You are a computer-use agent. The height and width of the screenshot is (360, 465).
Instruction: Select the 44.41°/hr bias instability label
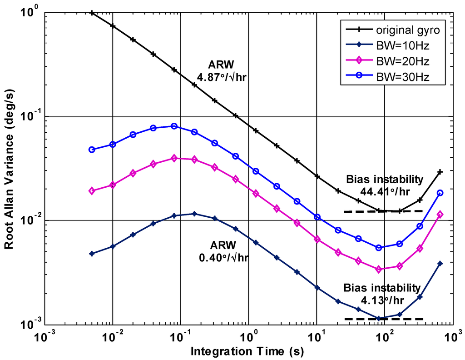pyautogui.click(x=384, y=185)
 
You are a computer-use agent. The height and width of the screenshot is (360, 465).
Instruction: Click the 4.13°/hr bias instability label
pyautogui.click(x=381, y=294)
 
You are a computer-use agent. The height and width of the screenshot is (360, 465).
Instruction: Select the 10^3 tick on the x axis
pyautogui.click(x=452, y=337)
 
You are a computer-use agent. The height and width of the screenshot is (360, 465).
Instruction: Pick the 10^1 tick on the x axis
pyautogui.click(x=317, y=337)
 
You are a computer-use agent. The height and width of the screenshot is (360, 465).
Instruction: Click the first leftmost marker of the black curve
pyautogui.click(x=92, y=13)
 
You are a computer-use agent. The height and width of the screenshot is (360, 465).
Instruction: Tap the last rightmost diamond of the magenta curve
pyautogui.click(x=440, y=215)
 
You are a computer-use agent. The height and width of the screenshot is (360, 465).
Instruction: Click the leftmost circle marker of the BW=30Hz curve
pyautogui.click(x=92, y=150)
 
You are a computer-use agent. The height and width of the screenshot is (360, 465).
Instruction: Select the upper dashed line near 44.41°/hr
pyautogui.click(x=384, y=211)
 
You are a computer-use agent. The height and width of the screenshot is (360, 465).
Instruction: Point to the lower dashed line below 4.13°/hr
pyautogui.click(x=384, y=319)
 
